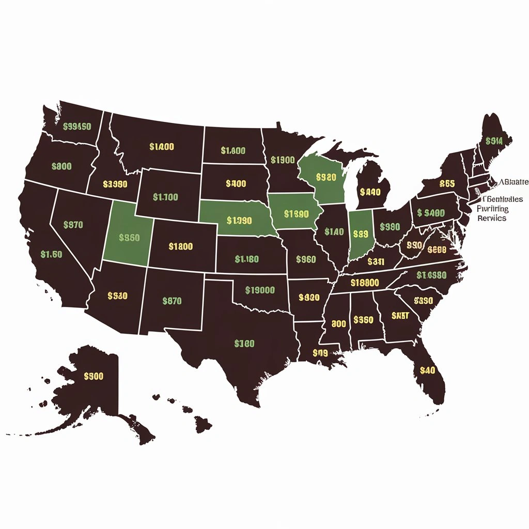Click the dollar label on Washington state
[76, 127]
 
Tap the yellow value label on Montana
[162, 147]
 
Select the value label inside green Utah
[129, 238]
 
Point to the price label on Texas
[244, 344]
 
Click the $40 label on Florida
[428, 370]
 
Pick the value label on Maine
[494, 140]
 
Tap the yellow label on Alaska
[94, 376]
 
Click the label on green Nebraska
[239, 220]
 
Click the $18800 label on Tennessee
[365, 283]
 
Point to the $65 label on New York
[447, 183]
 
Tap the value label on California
[52, 254]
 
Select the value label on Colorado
[181, 246]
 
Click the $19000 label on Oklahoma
[260, 290]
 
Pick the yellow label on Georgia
[400, 316]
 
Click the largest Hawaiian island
[203, 425]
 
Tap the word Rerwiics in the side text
[492, 218]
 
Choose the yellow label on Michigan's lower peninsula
[370, 192]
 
